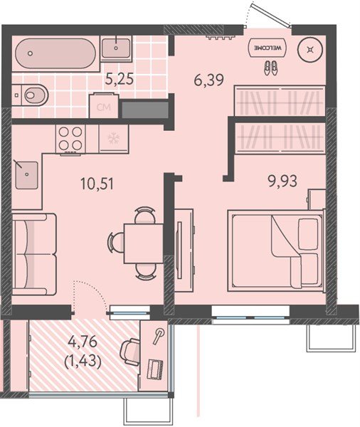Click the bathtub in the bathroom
(55, 53)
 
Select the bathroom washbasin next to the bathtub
(116, 48)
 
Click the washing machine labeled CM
(104, 105)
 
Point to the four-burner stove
(70, 139)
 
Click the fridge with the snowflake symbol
(112, 138)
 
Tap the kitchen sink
(27, 175)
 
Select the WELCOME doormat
(268, 48)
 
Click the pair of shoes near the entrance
(270, 68)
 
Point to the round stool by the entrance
(310, 50)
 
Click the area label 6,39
(209, 80)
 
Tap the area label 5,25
(120, 79)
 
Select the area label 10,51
(97, 184)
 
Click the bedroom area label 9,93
(282, 181)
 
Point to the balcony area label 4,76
(83, 342)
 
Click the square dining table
(144, 243)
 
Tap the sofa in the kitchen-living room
(34, 254)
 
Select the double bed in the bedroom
(276, 251)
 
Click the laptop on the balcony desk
(155, 369)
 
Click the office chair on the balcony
(130, 352)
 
